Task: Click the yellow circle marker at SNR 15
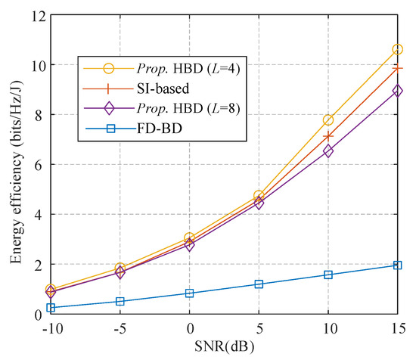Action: coord(397,49)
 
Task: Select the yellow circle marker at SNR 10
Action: coord(328,119)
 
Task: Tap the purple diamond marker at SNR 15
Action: coord(397,90)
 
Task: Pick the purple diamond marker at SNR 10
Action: coord(328,151)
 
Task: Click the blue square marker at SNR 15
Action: coord(397,265)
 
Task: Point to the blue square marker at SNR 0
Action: coord(189,293)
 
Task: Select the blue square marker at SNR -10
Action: coord(51,308)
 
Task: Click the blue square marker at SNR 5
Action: coord(259,284)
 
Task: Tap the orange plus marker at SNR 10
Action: coord(328,136)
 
